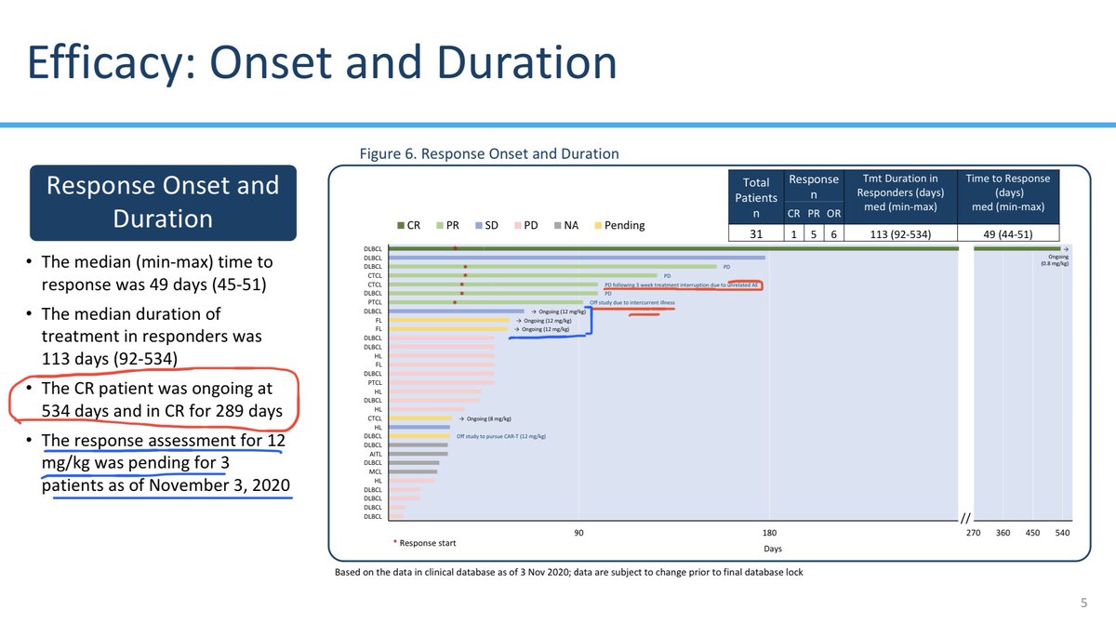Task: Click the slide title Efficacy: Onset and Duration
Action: (321, 63)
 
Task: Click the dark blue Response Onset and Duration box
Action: (163, 202)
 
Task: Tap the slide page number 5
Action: (1083, 602)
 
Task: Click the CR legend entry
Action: (406, 225)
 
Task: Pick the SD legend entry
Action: (493, 225)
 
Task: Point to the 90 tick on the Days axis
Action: (578, 533)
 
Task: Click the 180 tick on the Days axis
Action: (769, 533)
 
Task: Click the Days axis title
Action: (773, 549)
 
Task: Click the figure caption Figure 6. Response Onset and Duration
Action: (489, 153)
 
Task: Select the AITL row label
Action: (374, 454)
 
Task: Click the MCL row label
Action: (374, 471)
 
